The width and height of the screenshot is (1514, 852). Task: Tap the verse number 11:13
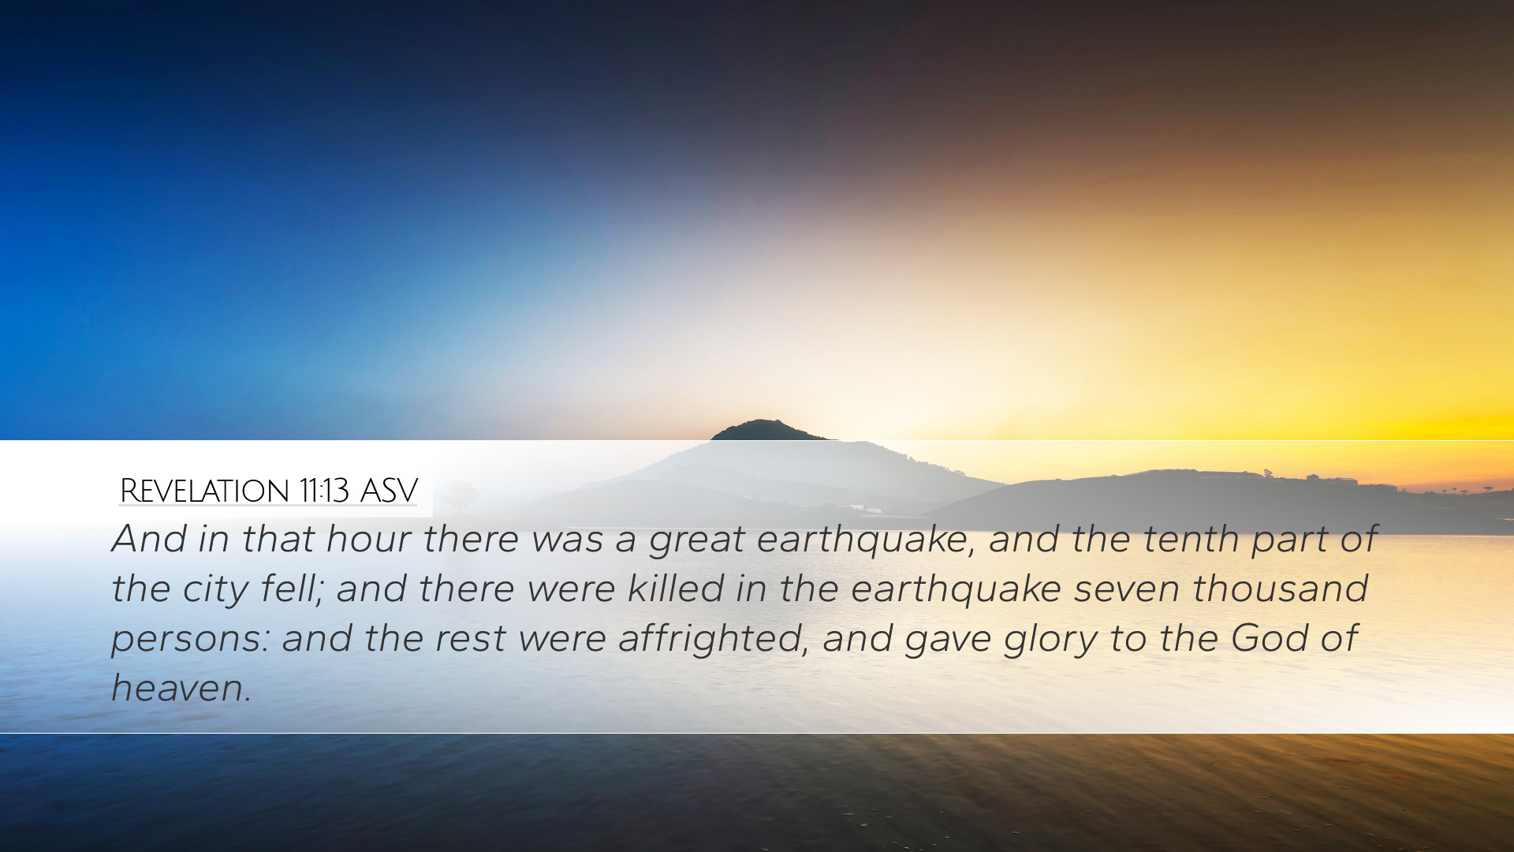tap(324, 491)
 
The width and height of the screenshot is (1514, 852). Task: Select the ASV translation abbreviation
tap(389, 491)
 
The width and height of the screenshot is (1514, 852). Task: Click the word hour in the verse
tap(368, 540)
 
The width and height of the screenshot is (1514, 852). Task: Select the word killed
tap(675, 589)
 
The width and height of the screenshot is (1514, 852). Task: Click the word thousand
tap(1280, 589)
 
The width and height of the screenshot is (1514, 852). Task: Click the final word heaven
tap(181, 688)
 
